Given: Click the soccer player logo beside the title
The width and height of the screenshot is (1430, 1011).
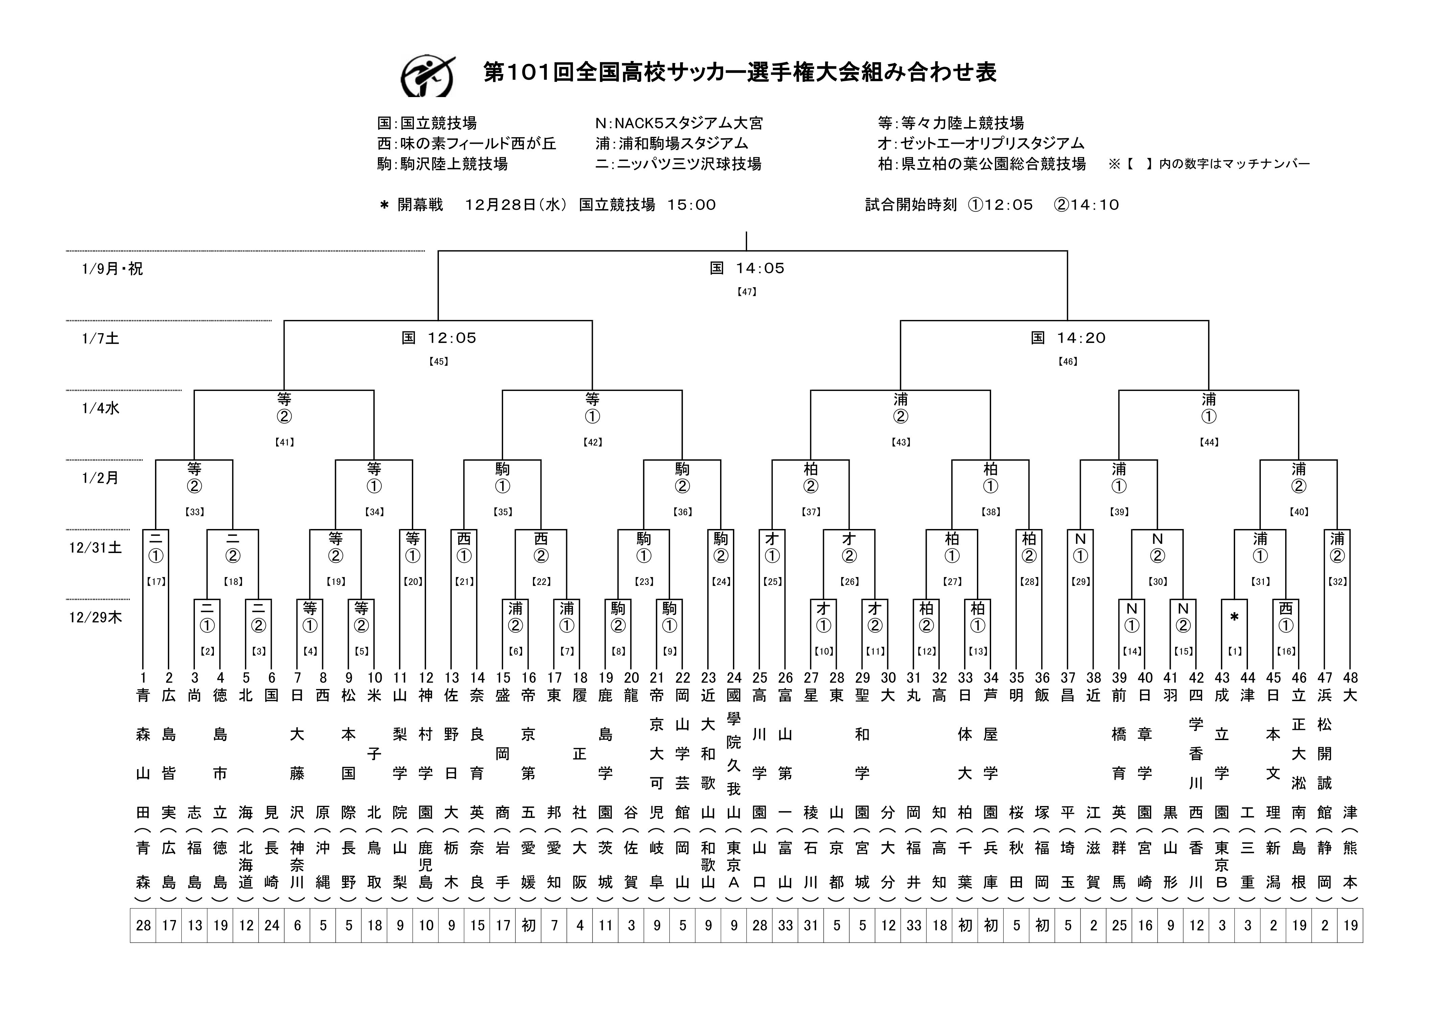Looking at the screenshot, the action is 427,76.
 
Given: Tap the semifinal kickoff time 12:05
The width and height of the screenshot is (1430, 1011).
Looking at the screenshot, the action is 452,338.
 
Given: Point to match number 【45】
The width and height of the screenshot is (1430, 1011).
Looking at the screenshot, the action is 439,362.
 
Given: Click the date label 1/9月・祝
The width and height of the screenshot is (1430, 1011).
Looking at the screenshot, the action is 112,269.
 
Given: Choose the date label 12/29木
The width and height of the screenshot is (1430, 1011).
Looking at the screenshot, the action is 95,618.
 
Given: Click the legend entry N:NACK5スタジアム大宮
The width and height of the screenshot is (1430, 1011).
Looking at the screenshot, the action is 679,123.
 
